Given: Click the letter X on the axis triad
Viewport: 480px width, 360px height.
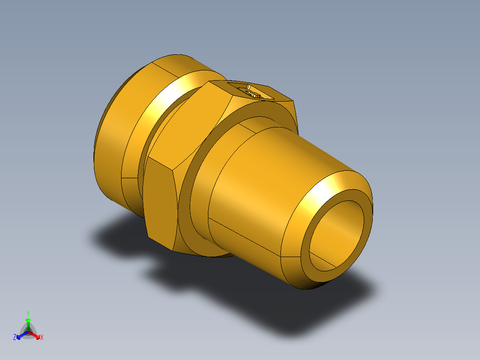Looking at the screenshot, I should [42, 338].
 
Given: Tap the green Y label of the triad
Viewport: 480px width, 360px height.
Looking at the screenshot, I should [28, 313].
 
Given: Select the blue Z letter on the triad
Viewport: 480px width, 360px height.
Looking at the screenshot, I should [15, 337].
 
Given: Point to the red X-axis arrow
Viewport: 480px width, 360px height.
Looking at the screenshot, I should [37, 335].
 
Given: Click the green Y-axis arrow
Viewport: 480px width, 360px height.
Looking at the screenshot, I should [28, 321].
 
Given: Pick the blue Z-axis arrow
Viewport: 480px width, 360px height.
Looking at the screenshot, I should [20, 335].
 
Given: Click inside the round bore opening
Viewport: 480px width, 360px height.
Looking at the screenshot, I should [337, 236].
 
